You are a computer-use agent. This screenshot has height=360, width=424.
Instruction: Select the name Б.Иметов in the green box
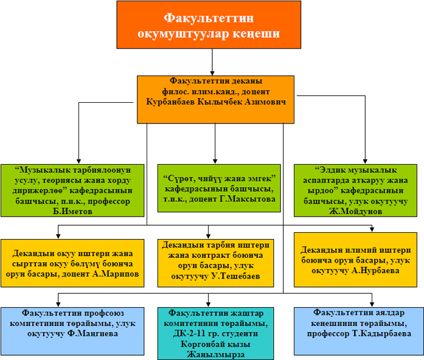[x=73, y=211]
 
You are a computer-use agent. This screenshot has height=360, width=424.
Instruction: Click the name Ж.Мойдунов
[x=356, y=211]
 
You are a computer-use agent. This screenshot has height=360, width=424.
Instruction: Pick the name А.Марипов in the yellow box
[x=116, y=274]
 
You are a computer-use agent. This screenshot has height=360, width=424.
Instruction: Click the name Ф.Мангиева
[x=92, y=333]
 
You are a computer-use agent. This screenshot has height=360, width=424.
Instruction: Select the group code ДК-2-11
[x=189, y=333]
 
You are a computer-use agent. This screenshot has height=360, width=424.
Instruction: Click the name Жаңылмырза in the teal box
[x=216, y=355]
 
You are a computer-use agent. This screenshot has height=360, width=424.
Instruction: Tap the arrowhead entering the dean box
[x=212, y=73]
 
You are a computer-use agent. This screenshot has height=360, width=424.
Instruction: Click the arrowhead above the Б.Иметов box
[x=78, y=162]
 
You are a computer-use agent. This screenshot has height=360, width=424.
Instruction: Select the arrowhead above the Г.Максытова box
[x=215, y=162]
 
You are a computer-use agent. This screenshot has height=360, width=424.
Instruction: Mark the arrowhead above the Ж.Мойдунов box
[x=365, y=162]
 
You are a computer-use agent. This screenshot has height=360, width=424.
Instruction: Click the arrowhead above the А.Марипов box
[x=58, y=236]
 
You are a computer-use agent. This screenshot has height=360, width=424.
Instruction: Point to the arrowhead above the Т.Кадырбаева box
[x=372, y=304]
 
